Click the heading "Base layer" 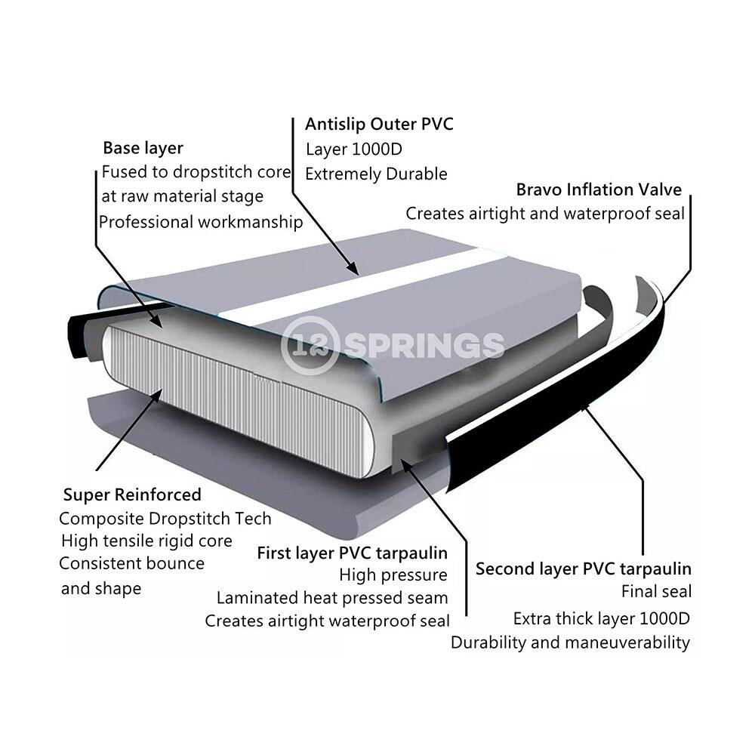click(143, 148)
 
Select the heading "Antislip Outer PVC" click(379, 124)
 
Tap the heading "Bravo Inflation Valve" click(599, 190)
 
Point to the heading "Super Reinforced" click(132, 495)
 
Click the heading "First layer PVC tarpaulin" click(352, 553)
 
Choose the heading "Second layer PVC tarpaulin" click(583, 569)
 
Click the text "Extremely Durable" click(376, 174)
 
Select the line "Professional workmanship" click(201, 222)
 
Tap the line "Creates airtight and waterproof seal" click(545, 214)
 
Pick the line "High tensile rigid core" click(147, 541)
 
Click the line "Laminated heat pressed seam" click(332, 597)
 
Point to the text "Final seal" click(656, 591)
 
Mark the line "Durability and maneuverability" click(570, 643)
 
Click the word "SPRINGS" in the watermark click(424, 345)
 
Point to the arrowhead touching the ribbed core click(156, 397)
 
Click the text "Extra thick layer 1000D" click(602, 618)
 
